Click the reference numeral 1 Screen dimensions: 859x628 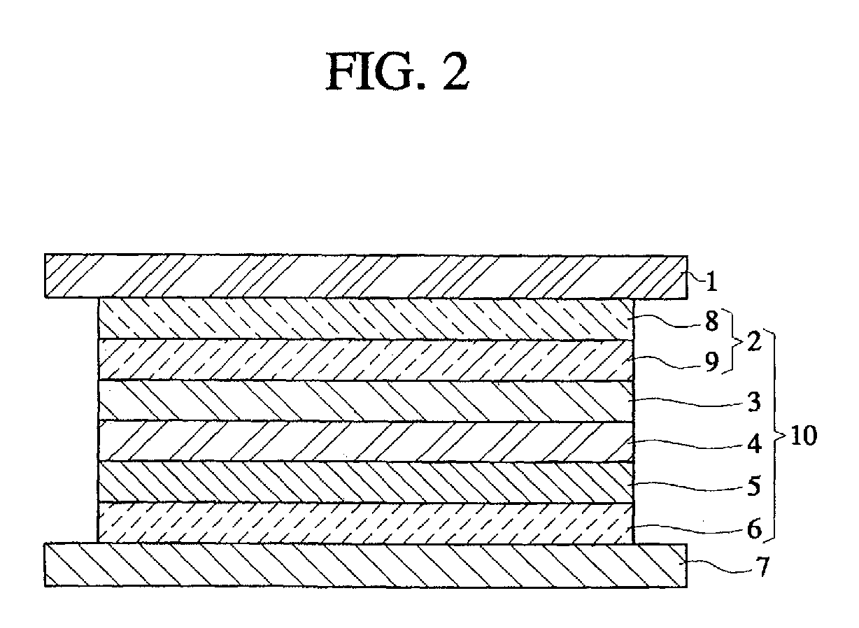(710, 283)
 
